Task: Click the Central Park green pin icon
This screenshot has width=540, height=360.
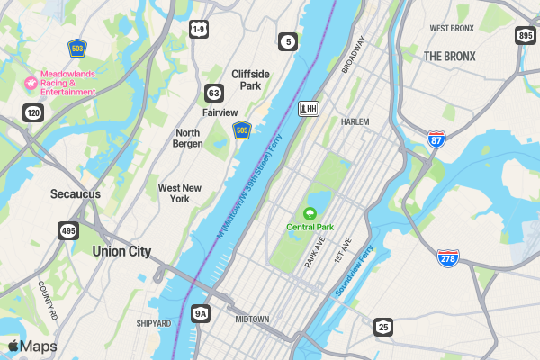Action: point(310,213)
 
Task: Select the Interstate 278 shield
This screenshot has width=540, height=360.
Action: point(448,258)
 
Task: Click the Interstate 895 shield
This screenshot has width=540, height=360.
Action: point(526,35)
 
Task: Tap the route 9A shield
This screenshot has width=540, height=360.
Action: point(201,313)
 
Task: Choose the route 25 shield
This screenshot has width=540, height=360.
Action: point(383,326)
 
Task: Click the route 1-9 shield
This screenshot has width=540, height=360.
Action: point(199,30)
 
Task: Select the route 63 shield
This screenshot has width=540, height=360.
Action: point(213,93)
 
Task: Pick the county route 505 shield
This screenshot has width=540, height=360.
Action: point(241,131)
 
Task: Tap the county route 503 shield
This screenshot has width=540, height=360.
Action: point(77,47)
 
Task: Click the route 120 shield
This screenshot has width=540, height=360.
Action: point(33,112)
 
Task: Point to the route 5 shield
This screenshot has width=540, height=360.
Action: point(287,41)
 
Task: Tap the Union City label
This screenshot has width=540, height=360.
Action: point(121,252)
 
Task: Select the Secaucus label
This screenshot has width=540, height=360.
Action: point(76,193)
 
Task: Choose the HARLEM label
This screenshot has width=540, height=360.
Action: point(355,121)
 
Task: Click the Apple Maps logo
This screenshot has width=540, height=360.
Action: point(32,346)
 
